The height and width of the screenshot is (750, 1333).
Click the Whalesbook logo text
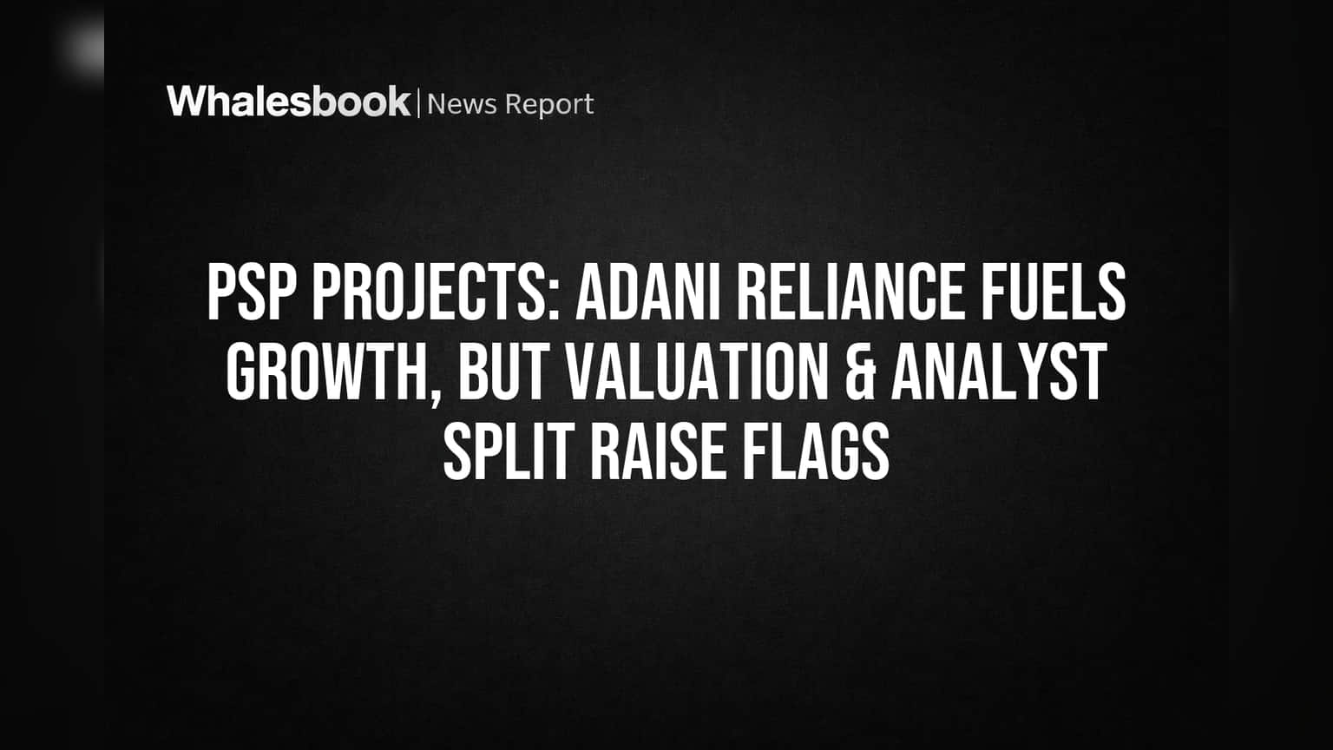click(x=289, y=102)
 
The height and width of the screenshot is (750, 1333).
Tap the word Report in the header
click(x=549, y=105)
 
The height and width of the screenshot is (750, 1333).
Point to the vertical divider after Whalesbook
click(x=419, y=102)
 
